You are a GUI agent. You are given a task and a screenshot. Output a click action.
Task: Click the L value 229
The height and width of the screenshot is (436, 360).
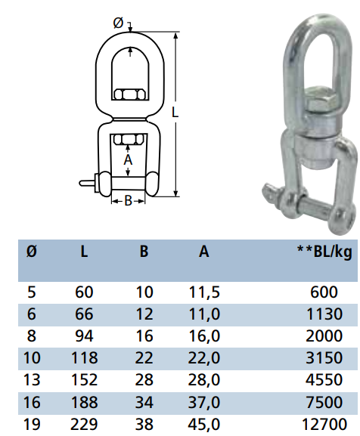click(x=85, y=425)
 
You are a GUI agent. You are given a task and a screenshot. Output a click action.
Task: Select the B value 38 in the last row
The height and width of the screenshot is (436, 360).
click(x=144, y=425)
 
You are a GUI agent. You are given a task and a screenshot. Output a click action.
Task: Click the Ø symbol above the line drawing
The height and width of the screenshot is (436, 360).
click(x=118, y=23)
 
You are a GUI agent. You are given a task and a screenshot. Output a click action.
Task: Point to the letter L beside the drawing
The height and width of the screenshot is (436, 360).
click(x=175, y=113)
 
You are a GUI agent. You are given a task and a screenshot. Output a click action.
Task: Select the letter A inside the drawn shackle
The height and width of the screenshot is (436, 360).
click(x=128, y=160)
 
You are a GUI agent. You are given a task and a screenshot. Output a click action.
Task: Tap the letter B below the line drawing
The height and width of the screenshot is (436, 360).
click(x=128, y=201)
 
